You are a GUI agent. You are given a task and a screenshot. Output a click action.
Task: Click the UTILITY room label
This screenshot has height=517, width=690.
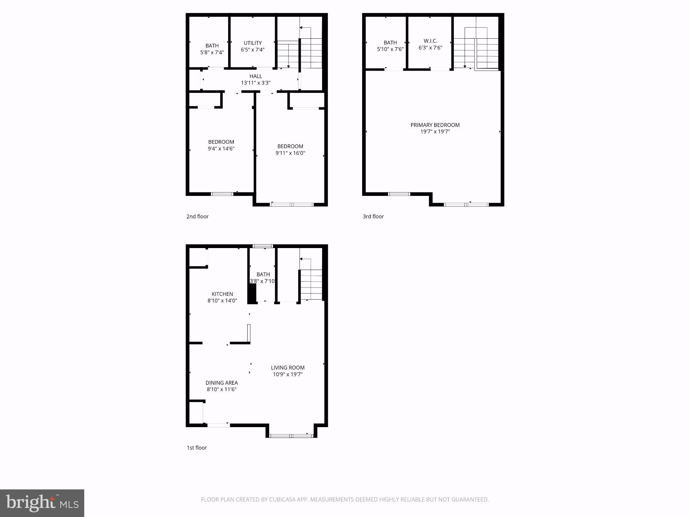253,43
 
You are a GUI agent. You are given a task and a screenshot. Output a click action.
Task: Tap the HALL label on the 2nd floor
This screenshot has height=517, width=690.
256,76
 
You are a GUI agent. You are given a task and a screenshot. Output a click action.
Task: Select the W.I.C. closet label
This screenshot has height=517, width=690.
430,41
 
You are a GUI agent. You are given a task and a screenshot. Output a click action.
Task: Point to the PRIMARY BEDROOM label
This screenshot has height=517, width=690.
435,125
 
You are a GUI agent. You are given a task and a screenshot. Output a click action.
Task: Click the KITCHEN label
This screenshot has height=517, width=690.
222,294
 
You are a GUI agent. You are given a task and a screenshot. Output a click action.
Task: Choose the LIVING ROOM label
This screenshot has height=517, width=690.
288,368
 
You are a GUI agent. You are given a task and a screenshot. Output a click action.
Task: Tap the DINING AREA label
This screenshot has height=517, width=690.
222,383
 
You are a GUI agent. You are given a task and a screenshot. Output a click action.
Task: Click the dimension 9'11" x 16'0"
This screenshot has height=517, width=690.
290,153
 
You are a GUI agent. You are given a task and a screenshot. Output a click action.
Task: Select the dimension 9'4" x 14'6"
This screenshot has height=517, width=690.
221,149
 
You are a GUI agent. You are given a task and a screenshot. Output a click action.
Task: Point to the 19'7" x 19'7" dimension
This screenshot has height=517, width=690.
435,132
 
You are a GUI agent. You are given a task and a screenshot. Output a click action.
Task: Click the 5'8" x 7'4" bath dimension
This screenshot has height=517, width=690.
212,53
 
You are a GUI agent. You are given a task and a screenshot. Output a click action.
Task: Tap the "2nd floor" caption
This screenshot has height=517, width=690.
197,216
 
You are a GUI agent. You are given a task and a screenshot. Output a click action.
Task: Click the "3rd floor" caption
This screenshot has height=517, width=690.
373,216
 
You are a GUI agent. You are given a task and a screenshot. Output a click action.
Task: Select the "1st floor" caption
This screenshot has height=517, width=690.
197,448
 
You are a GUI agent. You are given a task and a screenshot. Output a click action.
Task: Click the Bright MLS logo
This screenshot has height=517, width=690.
42,503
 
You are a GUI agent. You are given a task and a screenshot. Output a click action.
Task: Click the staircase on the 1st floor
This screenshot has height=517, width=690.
311,284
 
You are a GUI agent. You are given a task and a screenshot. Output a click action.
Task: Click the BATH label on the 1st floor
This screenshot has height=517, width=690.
263,275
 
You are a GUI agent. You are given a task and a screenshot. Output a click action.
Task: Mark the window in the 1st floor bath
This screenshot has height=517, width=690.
263,246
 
